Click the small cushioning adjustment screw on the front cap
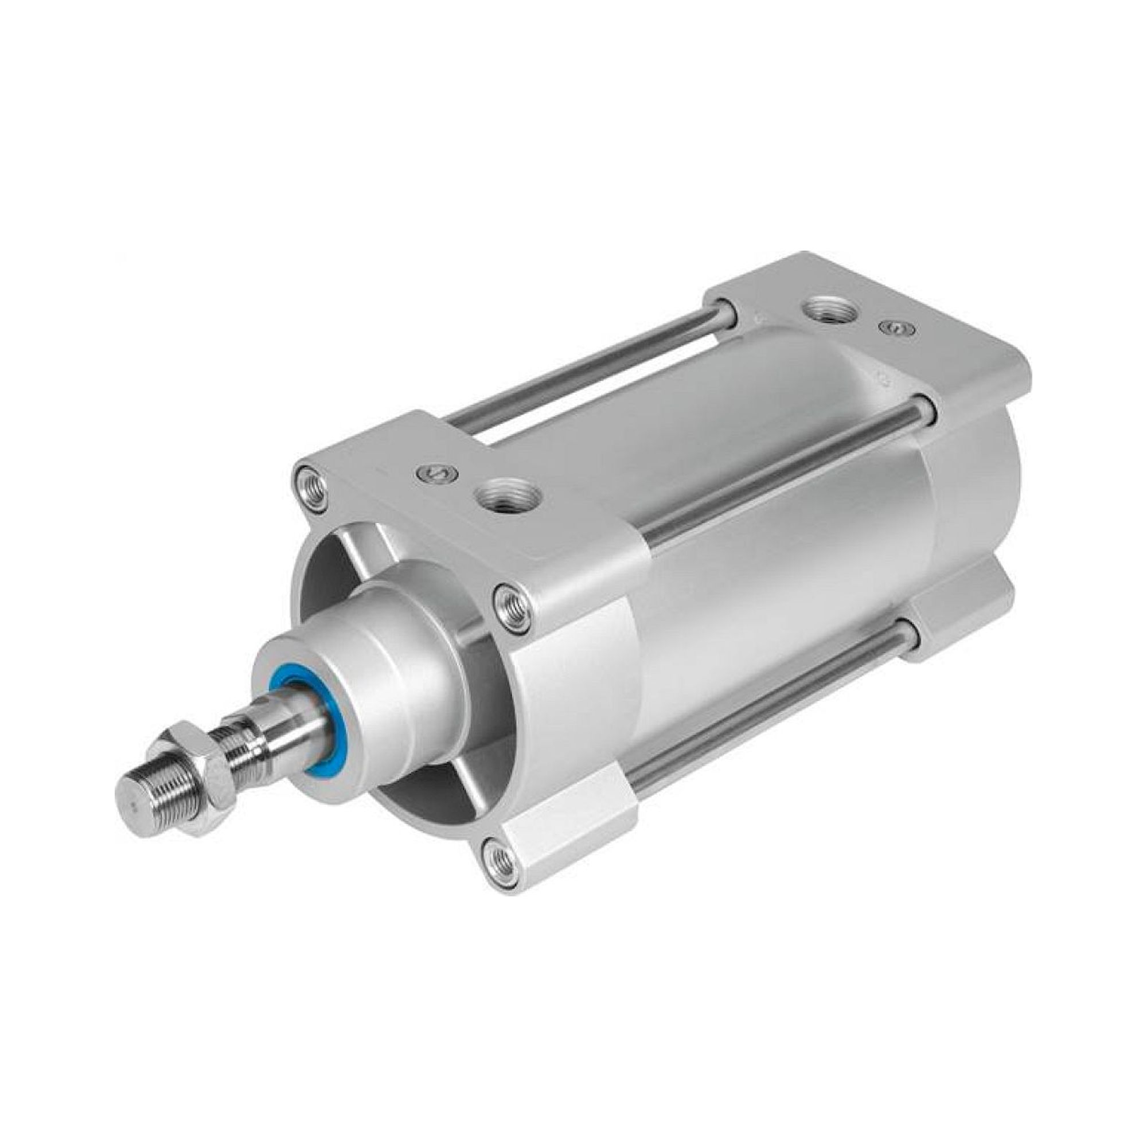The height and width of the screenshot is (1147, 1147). [x=436, y=455]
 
